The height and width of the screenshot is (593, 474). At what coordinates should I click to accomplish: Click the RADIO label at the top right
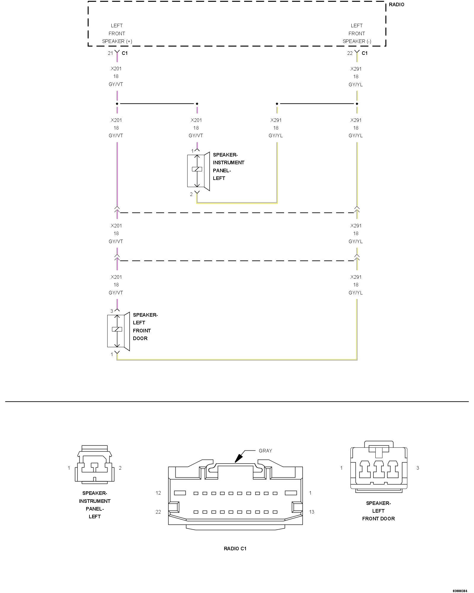coord(396,5)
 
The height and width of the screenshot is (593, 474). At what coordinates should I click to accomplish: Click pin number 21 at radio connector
coord(110,53)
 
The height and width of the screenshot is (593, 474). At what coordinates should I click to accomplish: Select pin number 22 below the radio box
coord(350,53)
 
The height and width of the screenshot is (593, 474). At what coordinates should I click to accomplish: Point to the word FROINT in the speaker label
coord(142,331)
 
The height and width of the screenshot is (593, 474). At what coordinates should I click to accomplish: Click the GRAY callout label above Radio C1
coord(265,451)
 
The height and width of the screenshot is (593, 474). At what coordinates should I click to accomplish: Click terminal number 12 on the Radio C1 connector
coord(158,493)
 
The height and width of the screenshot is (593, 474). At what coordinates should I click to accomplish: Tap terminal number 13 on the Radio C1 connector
coord(312,512)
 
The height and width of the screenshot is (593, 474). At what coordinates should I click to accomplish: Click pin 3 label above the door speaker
coord(112,311)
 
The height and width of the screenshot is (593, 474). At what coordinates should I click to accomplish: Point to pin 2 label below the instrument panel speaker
coord(191,194)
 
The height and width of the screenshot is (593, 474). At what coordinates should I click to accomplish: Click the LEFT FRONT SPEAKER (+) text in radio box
coord(117,34)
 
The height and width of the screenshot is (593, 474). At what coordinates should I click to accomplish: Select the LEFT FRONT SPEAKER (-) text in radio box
coord(357,34)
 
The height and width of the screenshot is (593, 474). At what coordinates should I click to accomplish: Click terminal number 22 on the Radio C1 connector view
coord(158,512)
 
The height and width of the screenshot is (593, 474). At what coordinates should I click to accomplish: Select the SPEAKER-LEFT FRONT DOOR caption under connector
coord(378,511)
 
